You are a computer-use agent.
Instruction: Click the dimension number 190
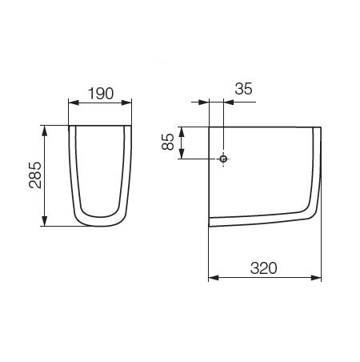tap(101, 94)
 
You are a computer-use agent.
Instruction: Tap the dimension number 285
tap(35, 175)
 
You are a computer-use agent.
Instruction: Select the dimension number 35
tap(243, 89)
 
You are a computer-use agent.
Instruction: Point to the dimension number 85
tap(168, 142)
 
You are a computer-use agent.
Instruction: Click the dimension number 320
tap(264, 268)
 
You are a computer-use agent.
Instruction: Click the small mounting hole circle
tap(223, 159)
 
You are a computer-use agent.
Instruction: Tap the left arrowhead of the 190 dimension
tap(74, 103)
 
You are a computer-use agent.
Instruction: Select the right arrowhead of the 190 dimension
tap(126, 103)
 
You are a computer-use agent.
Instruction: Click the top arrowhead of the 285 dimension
tap(45, 131)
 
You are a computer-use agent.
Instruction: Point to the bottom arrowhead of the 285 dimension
tap(45, 221)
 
